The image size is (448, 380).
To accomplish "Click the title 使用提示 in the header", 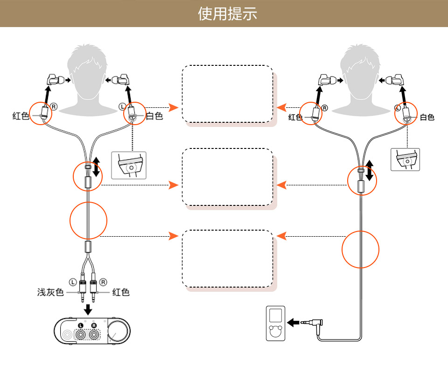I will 227,14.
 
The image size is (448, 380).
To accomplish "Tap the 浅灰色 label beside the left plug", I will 50,293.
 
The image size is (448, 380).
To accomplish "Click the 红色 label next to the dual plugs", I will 121,293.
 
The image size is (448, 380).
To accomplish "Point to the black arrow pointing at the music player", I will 294,322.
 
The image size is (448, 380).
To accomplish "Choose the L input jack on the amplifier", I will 81,334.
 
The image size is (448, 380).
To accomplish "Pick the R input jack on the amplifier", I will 94,334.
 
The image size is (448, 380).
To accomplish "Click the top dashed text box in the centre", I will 227,94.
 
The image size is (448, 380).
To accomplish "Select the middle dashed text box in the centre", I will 227,177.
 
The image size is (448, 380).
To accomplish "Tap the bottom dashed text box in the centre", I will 227,258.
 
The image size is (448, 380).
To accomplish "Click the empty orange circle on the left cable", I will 88,220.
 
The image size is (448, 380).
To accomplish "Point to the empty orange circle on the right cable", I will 361,249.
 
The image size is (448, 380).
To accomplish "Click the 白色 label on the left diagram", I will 154,116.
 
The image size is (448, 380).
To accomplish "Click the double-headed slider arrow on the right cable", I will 370,170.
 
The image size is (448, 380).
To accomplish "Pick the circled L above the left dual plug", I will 72,281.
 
